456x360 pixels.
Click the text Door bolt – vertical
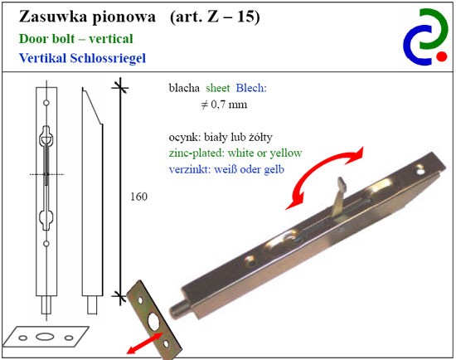[76, 39]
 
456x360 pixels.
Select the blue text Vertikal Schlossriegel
[82, 58]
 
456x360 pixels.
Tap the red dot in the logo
[441, 56]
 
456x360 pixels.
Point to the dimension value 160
[138, 197]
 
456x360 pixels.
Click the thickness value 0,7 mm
[229, 105]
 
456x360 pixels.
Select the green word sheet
[217, 88]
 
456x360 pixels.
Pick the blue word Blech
[251, 88]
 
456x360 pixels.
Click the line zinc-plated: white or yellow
[235, 153]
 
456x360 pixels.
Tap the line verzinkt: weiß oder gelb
[226, 169]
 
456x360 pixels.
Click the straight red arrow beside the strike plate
[144, 343]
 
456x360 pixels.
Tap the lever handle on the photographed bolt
[339, 198]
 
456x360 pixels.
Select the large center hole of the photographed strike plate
[153, 321]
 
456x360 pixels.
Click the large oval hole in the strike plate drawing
[45, 337]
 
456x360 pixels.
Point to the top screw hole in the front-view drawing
[46, 103]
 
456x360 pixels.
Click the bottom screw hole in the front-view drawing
[46, 244]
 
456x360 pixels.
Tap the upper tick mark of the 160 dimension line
[120, 87]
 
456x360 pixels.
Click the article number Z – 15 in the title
[230, 17]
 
